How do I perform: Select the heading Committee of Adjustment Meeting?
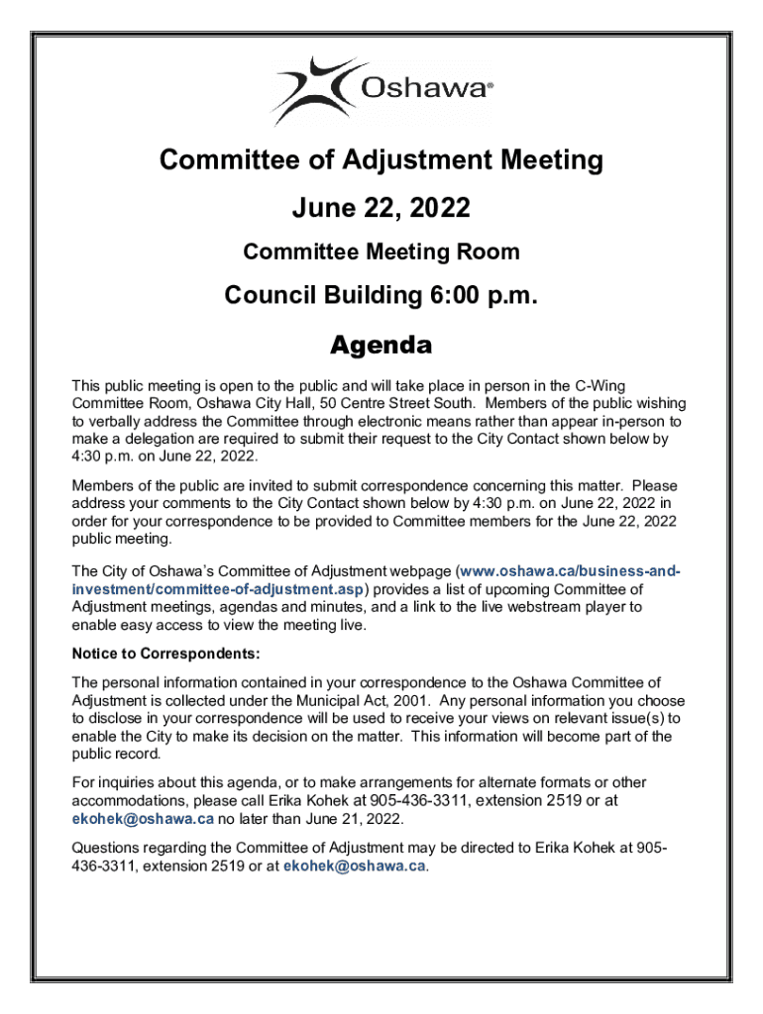click(x=381, y=159)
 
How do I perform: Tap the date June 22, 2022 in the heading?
click(x=381, y=208)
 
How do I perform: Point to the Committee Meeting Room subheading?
click(x=381, y=252)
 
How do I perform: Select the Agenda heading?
click(x=381, y=346)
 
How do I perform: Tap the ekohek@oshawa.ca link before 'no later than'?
click(x=143, y=819)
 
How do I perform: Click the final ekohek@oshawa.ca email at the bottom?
click(x=355, y=866)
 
